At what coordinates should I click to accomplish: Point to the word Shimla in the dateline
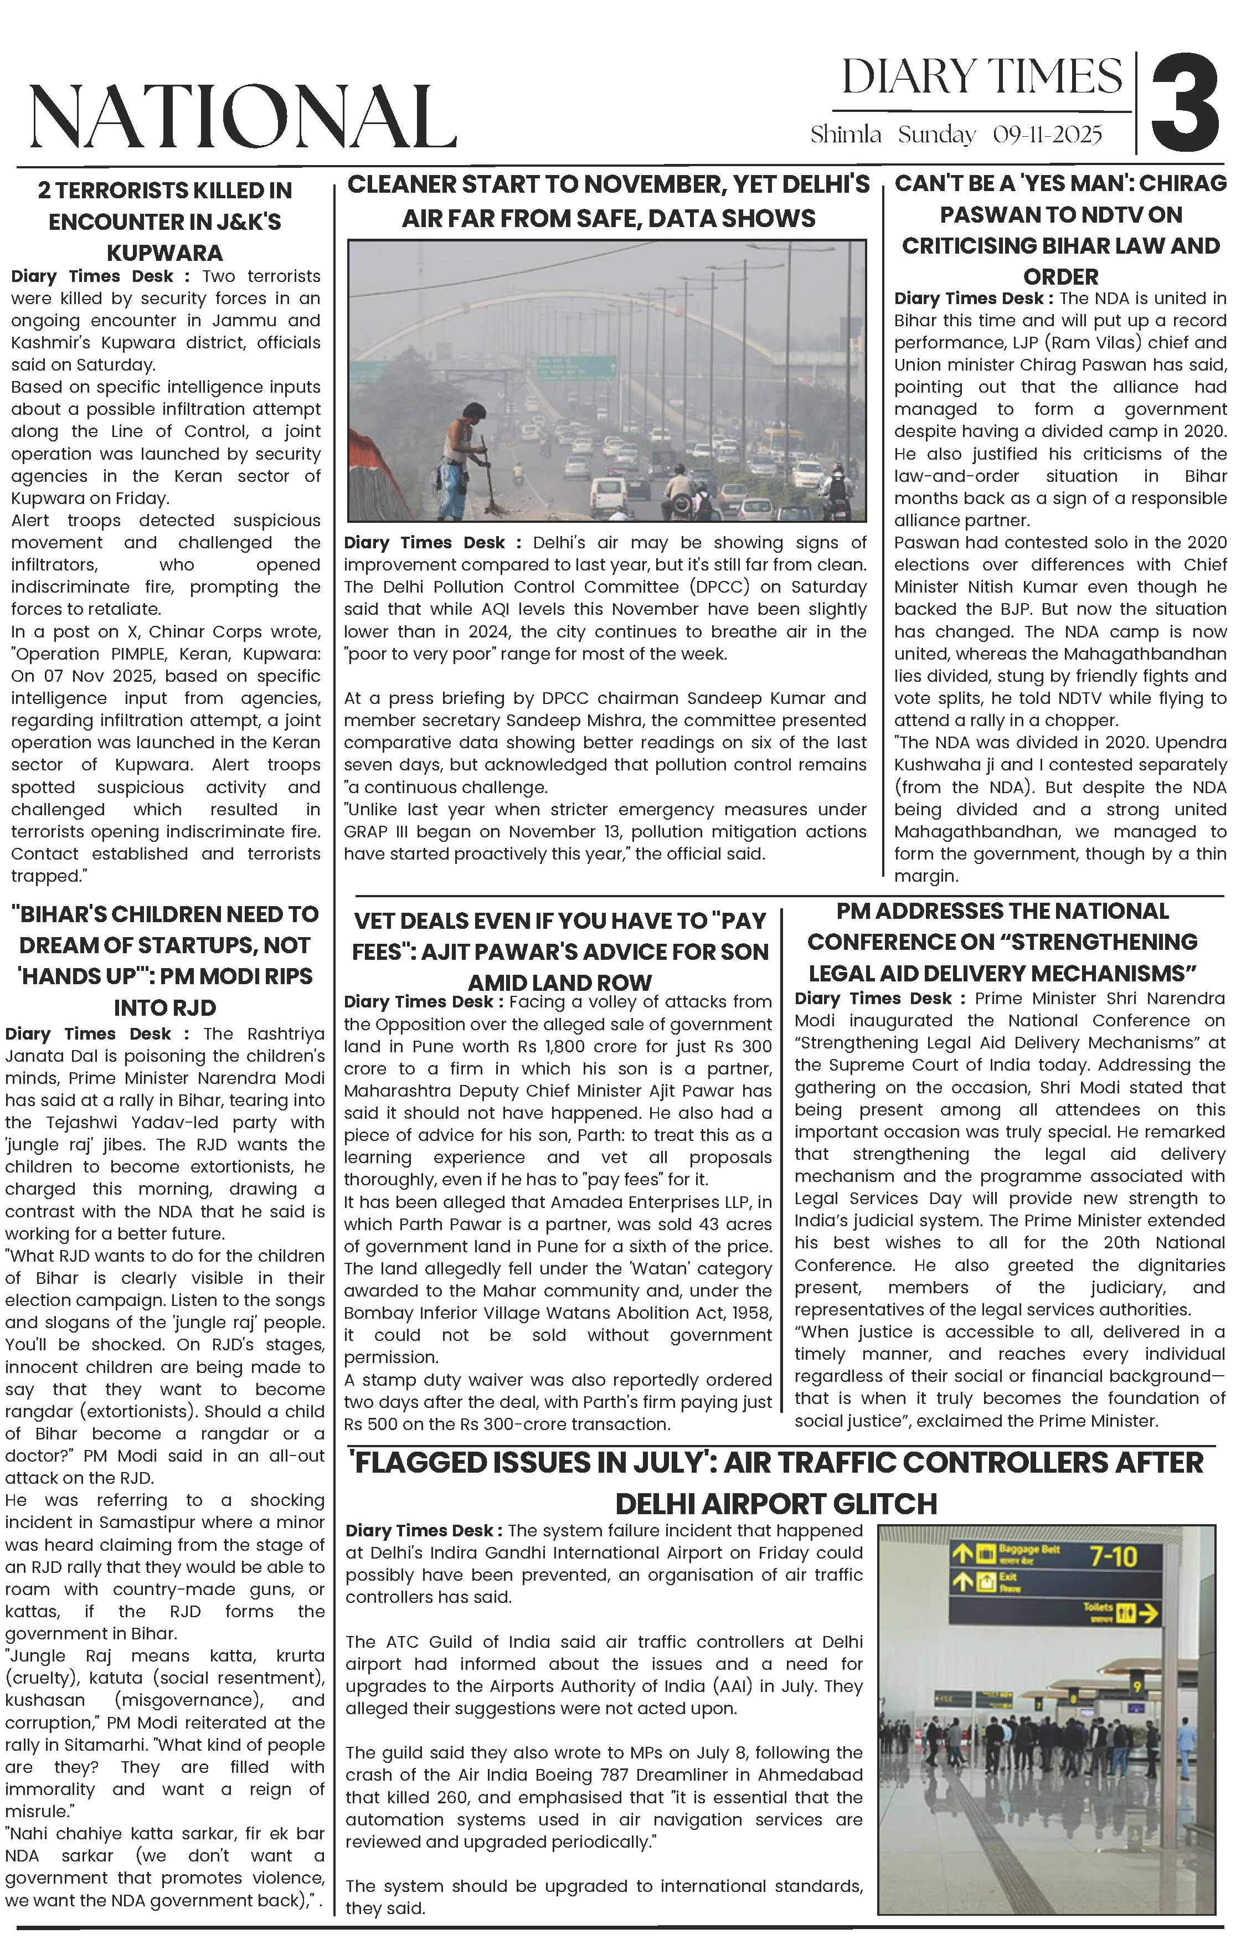pyautogui.click(x=846, y=135)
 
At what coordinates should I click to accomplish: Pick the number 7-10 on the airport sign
pyautogui.click(x=1114, y=1556)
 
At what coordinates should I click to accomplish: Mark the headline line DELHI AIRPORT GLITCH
pyautogui.click(x=776, y=1505)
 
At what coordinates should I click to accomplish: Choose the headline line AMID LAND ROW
pyautogui.click(x=559, y=983)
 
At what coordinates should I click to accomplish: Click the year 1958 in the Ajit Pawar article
pyautogui.click(x=750, y=1313)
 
